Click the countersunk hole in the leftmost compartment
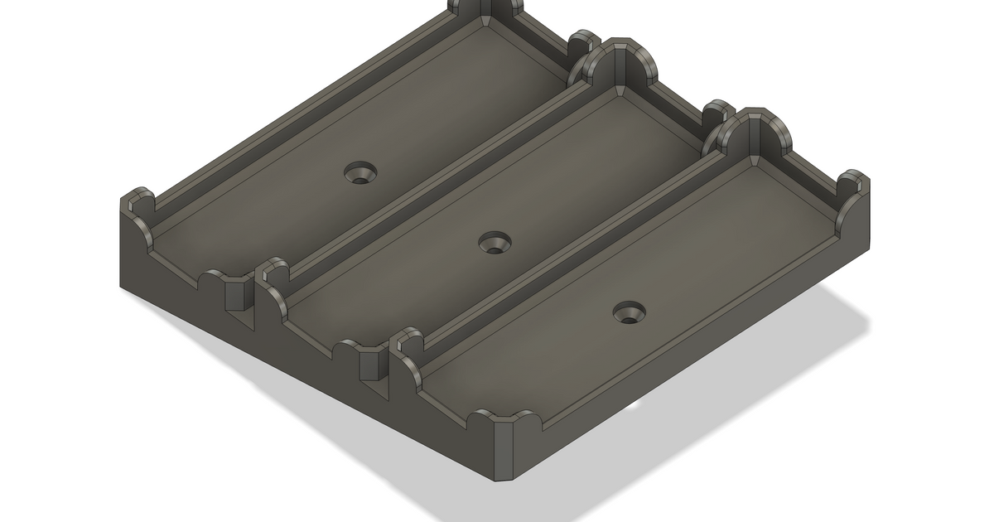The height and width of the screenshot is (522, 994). pyautogui.click(x=361, y=173)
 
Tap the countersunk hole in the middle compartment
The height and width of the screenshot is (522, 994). pyautogui.click(x=496, y=243)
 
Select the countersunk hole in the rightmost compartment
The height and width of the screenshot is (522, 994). pyautogui.click(x=630, y=312)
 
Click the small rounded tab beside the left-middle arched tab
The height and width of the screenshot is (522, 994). pyautogui.click(x=585, y=46)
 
